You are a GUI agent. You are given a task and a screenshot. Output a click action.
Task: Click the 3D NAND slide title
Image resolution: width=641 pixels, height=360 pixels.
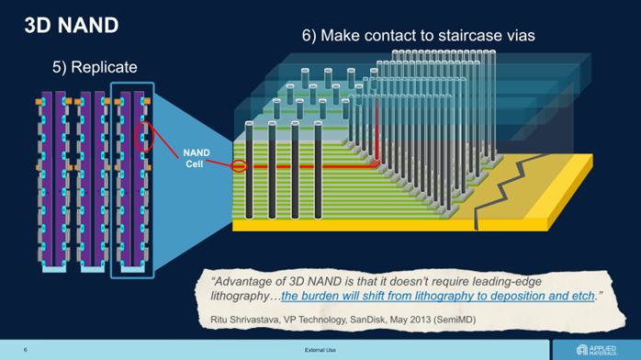coord(72,25)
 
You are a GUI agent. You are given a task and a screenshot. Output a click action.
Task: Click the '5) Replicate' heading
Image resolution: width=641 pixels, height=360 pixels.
coord(95,67)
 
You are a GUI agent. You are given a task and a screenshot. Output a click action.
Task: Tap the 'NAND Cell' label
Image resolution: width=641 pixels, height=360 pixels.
coord(197,158)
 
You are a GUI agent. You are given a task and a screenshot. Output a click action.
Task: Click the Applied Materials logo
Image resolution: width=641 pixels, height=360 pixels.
coord(596,350)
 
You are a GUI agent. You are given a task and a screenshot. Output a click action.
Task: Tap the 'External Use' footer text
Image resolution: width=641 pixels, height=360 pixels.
coord(320,350)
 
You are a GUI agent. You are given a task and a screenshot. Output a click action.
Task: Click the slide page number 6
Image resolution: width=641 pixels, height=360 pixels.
coord(26,350)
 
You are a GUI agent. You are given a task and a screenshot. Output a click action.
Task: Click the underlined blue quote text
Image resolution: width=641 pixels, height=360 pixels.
coord(437,296)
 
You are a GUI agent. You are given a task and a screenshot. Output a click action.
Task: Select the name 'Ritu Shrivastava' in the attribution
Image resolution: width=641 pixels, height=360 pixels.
coord(244,320)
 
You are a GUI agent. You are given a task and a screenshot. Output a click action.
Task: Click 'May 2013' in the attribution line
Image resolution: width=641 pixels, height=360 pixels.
coord(410,320)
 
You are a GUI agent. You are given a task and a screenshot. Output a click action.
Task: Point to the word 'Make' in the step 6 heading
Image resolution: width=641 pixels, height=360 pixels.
coord(339,36)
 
